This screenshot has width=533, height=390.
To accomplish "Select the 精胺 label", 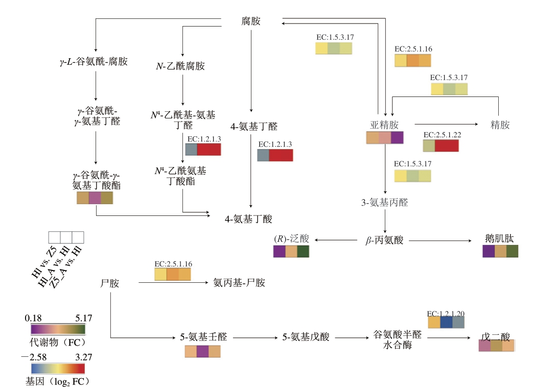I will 499,125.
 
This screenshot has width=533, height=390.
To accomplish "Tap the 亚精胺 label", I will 384,125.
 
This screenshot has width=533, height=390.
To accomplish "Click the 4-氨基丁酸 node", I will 249,219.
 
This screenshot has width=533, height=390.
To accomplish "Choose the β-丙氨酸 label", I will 385,240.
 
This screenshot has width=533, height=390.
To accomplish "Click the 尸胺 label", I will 110,283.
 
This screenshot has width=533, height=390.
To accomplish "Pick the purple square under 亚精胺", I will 397,138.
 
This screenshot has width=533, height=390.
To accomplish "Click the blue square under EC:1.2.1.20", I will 446,322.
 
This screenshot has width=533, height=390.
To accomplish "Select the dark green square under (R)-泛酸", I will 303,251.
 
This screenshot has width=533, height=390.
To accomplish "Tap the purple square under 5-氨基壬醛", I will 202,352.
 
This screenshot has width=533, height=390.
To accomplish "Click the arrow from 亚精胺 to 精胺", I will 445,124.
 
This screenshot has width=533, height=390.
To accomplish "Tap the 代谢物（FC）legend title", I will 57,340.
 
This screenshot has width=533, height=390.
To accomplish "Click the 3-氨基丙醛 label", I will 384,202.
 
